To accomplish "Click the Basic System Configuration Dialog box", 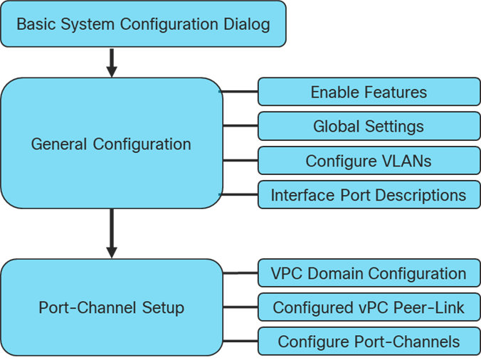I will click(x=143, y=24).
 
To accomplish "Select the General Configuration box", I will click(x=111, y=144).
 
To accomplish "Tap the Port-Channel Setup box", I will click(x=111, y=307).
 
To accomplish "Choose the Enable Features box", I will click(x=369, y=92).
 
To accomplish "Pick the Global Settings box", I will click(x=369, y=127).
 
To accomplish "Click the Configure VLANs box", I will click(x=369, y=161).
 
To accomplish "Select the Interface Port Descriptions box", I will click(x=369, y=195).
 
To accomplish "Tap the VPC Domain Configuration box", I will click(x=369, y=273).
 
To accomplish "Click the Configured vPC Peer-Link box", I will click(x=369, y=307).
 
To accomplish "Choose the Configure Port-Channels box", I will click(x=369, y=342).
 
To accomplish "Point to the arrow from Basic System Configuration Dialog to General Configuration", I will click(x=111, y=63).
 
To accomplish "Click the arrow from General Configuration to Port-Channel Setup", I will click(x=111, y=233).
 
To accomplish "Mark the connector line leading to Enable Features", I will click(x=240, y=92).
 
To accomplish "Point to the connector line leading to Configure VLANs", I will click(x=240, y=161).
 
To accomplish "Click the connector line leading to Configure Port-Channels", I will click(x=240, y=342).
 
